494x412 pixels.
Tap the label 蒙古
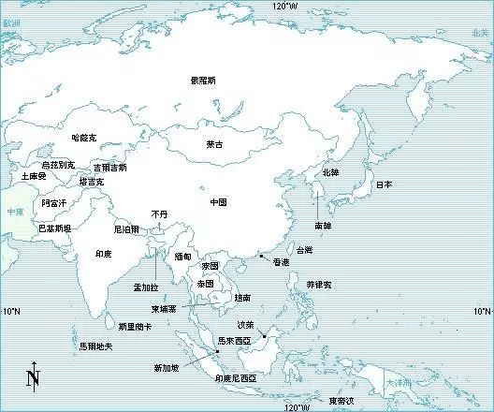214,144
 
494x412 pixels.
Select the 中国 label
218,201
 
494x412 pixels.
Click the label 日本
384,184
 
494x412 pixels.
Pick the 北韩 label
331,172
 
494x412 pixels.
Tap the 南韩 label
323,226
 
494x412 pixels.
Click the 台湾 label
305,250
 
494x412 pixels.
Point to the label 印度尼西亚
241,377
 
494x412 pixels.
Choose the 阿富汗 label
53,202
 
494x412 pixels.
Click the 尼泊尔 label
126,228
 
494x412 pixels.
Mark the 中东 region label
15,212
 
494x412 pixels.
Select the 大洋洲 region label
397,384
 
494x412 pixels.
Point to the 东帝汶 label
341,401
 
